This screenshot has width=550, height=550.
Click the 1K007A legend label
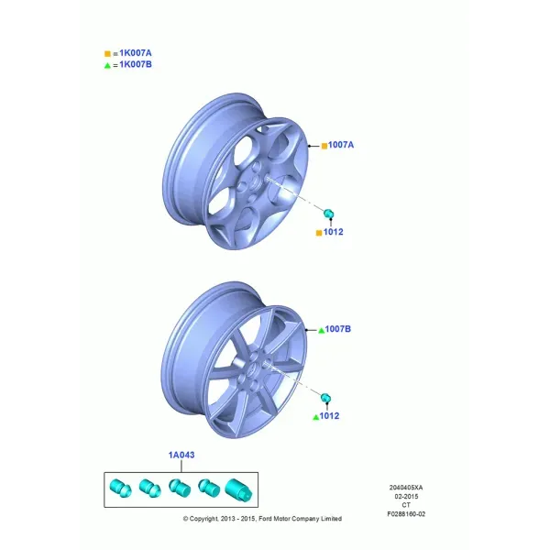136,53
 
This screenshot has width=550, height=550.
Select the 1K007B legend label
136,64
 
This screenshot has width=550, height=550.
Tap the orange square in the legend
107,54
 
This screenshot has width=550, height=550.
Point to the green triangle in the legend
107,66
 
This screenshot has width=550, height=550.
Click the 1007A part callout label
341,145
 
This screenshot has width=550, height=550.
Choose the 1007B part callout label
337,329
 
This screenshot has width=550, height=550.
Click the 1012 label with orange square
334,232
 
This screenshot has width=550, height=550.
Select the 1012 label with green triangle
329,416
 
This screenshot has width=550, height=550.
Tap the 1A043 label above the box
181,455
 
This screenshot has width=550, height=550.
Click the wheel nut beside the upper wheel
328,214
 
